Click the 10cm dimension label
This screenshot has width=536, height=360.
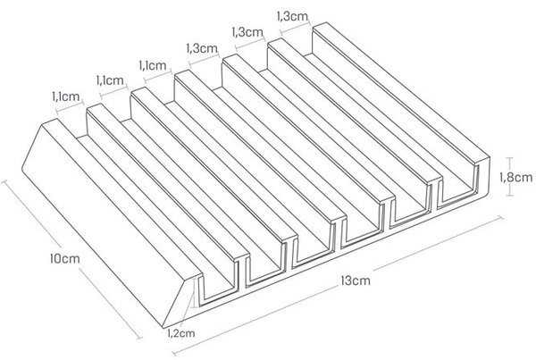(64, 258)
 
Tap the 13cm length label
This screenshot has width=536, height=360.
(356, 280)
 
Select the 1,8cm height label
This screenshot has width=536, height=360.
(516, 177)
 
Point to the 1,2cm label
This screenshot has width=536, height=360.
(181, 332)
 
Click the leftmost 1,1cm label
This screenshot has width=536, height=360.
(65, 96)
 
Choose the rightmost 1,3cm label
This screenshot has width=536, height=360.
(292, 16)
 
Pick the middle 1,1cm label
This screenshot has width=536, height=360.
(110, 80)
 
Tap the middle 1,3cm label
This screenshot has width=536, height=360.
(247, 32)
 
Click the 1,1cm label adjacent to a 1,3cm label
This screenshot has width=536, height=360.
(153, 65)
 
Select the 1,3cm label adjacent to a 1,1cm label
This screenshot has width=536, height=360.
(202, 48)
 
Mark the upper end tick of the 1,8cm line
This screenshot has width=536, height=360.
(510, 157)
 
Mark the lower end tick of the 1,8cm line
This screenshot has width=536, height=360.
(510, 196)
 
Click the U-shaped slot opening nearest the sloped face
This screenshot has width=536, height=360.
(219, 286)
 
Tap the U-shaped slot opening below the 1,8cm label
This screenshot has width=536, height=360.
(457, 187)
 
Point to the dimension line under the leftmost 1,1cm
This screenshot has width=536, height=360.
(70, 107)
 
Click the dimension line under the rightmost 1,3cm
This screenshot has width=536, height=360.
(295, 28)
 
